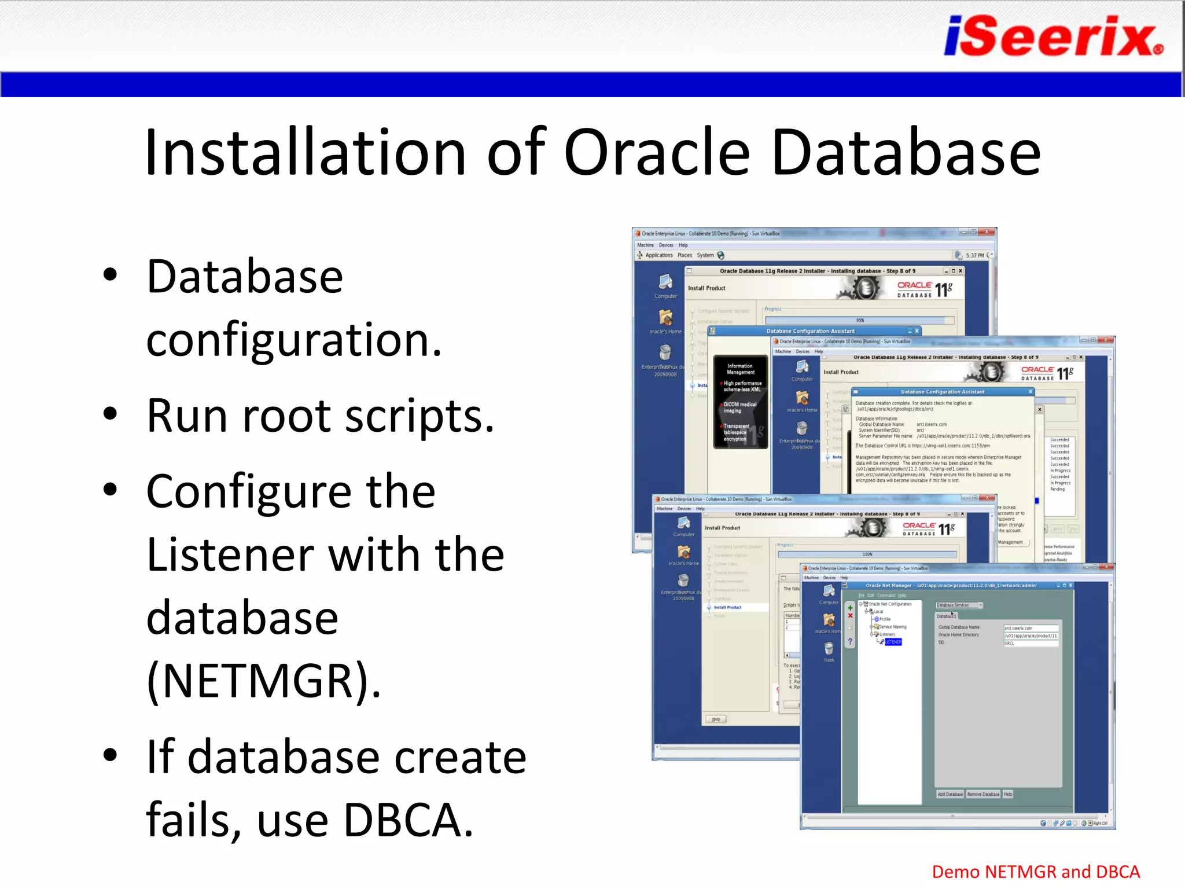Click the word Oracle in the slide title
(x=656, y=152)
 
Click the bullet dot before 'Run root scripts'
(x=110, y=414)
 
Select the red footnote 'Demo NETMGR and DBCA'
(x=1035, y=872)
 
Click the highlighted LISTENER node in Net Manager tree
(x=893, y=642)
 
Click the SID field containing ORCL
(x=1030, y=643)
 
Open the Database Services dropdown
(x=959, y=605)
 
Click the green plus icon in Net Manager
(x=850, y=608)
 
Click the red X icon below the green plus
(x=850, y=616)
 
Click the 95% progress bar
(x=859, y=320)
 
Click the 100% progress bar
(x=867, y=554)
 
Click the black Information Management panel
(x=740, y=402)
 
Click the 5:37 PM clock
(x=974, y=255)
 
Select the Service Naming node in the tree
(x=892, y=627)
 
